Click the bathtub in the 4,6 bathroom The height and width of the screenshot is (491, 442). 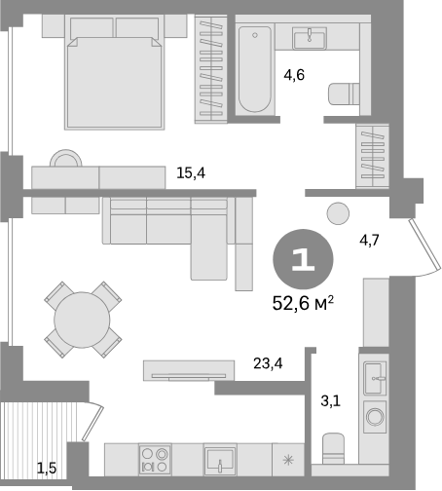(255, 69)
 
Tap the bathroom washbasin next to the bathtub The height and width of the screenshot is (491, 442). (310, 38)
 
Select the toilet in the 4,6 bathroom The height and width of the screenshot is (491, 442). (344, 94)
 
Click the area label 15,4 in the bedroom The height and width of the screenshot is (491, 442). (191, 173)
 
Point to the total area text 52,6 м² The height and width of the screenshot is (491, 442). (303, 304)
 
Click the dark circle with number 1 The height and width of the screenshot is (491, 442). (303, 259)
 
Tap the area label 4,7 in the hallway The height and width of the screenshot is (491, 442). (369, 241)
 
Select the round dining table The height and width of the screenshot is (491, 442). (82, 320)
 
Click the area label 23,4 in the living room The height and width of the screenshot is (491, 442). (268, 363)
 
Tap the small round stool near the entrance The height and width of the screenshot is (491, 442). (338, 213)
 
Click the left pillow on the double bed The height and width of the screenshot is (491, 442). (92, 27)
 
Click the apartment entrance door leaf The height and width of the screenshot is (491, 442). (424, 246)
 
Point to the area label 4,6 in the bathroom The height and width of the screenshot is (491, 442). (294, 75)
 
